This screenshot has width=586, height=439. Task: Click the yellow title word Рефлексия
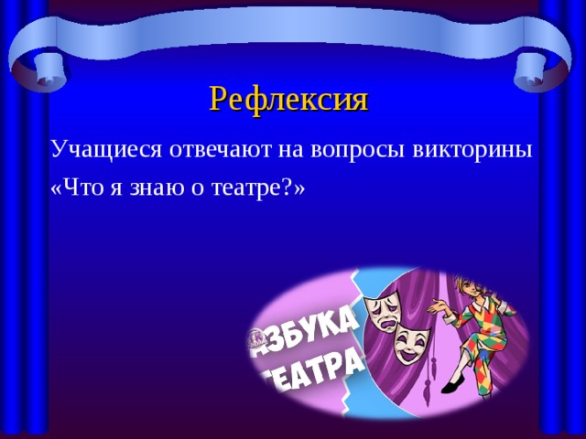[288, 97]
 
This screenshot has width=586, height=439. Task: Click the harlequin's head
[475, 284]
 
